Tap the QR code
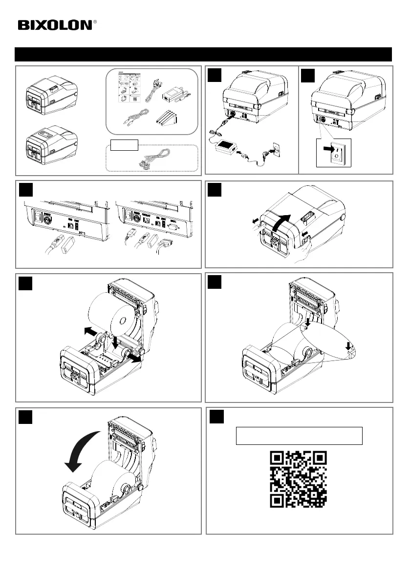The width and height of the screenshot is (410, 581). click(299, 479)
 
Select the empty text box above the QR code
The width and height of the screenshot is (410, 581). click(299, 436)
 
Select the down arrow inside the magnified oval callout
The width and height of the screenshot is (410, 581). click(348, 347)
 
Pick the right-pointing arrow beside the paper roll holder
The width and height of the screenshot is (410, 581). click(133, 358)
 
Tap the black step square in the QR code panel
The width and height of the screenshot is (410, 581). click(217, 417)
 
